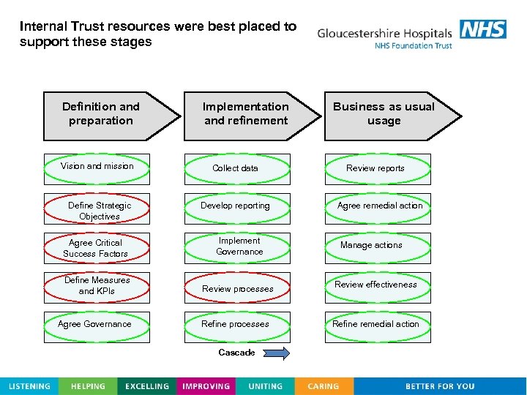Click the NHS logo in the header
[483, 29]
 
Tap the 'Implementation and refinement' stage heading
[246, 114]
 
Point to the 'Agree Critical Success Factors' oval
[96, 248]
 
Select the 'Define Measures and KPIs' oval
[97, 286]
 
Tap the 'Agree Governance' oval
[95, 324]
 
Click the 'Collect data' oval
[236, 168]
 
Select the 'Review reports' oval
[377, 168]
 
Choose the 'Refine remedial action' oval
[377, 325]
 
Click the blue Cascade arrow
[277, 353]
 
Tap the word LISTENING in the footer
[29, 386]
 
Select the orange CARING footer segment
[324, 386]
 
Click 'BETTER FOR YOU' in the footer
[440, 386]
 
